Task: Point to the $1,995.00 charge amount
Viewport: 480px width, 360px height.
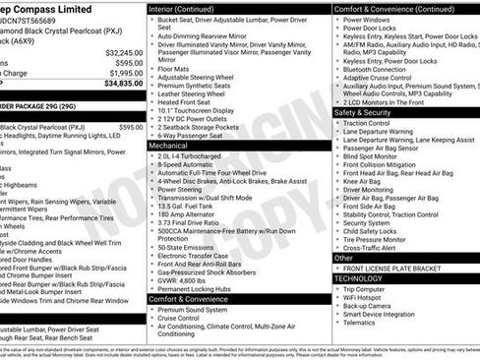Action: [125, 73]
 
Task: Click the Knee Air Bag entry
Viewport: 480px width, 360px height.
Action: [363, 181]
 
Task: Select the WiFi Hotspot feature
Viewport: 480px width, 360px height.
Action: [368, 296]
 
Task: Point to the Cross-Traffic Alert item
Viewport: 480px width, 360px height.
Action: [377, 248]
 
